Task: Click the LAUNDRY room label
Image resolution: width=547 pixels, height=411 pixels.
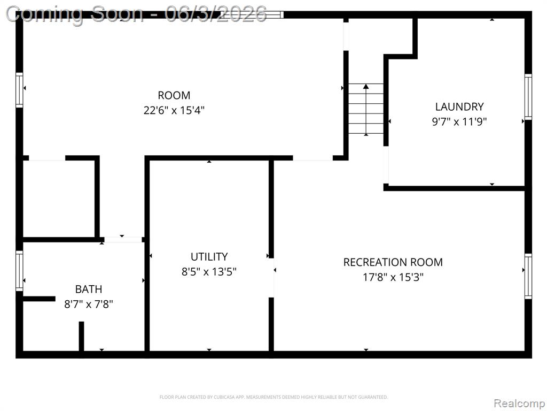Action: point(459,106)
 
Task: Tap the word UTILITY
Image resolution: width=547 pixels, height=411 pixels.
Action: point(209,256)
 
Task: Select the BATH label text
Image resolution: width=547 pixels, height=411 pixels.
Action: point(89,289)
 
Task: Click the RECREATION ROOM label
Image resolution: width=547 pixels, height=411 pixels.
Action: point(393,262)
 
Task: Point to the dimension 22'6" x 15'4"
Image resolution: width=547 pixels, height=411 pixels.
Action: point(174,110)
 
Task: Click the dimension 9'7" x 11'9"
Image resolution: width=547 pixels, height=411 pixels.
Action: point(459,121)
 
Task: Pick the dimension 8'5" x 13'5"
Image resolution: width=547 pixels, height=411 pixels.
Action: point(209,271)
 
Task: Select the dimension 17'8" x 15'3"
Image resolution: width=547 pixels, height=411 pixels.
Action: point(393,277)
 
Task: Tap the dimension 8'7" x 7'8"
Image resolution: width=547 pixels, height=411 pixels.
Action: point(89,304)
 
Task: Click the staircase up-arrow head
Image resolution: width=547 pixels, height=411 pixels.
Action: point(365,86)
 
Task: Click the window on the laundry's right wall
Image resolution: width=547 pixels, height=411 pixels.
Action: point(528,97)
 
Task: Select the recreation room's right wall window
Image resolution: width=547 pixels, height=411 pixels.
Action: point(528,276)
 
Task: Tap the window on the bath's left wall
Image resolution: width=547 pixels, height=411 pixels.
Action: point(19,271)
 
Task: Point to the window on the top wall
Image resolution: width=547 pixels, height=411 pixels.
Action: point(252,14)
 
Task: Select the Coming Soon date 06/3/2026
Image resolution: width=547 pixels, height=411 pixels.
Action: point(216,14)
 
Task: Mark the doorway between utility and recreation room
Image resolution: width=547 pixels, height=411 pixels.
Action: point(271,278)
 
